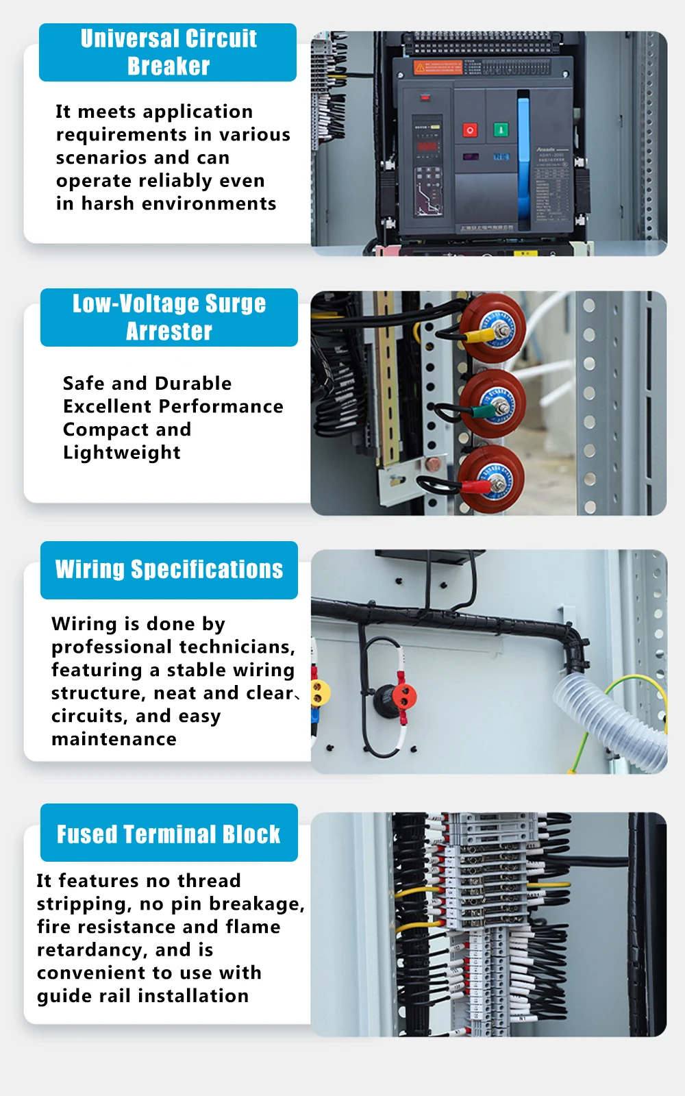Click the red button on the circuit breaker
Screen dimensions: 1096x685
[470, 129]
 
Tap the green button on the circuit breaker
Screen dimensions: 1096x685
[501, 129]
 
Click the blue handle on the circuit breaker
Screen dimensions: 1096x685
[524, 161]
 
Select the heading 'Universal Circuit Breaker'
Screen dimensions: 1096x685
[169, 52]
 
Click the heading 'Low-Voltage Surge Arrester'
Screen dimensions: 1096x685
[169, 317]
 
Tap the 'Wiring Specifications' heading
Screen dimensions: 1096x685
[169, 569]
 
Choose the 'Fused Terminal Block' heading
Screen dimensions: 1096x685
[169, 834]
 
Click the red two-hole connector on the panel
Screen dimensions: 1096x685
[405, 696]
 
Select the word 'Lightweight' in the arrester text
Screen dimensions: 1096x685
[122, 453]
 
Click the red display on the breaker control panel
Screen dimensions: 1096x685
[427, 146]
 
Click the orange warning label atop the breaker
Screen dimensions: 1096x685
[438, 67]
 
